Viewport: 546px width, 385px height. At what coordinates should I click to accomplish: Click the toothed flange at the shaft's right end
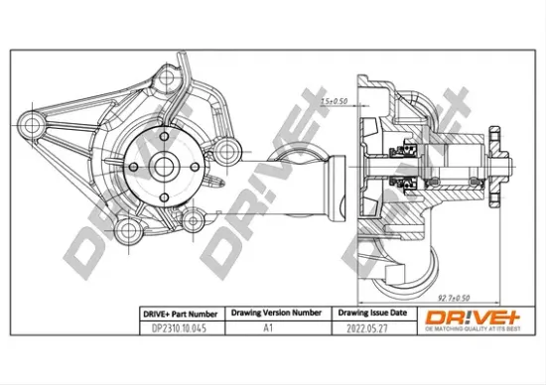(503, 163)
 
